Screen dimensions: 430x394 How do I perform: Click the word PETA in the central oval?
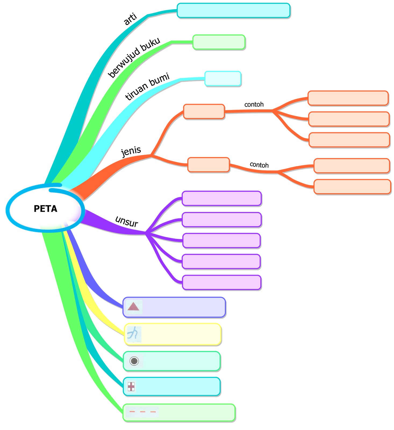point(45,209)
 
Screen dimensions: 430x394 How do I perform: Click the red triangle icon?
point(133,306)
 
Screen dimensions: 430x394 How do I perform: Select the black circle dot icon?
point(134,361)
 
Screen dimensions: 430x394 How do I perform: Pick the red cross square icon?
point(131,386)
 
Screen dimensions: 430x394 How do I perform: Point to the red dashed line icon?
point(142,412)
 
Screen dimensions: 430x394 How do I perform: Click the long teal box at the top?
point(234,11)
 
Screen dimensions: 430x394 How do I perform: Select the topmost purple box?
point(222,199)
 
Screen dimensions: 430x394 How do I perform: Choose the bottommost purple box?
point(222,282)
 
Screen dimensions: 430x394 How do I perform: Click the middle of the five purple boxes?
point(222,241)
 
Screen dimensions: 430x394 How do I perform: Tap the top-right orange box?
point(348,98)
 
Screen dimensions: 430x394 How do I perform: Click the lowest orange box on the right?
point(352,187)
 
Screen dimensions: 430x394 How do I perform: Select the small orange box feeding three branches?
point(204,112)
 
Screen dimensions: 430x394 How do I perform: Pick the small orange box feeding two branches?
point(209,165)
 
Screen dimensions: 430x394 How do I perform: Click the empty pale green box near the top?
point(219,42)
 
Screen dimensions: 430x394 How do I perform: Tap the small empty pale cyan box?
point(223,78)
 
